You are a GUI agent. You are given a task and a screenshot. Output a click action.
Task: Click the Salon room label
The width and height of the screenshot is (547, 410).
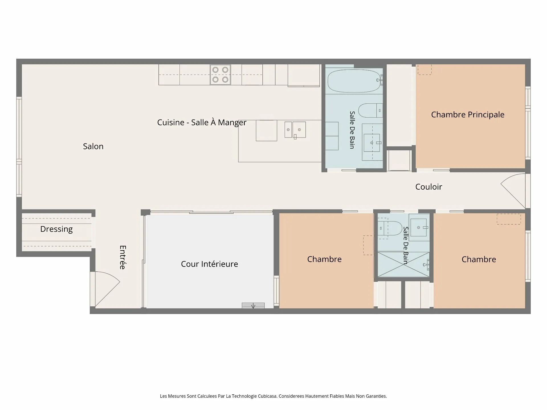point(93,146)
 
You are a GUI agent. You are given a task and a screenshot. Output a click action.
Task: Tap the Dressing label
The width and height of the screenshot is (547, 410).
point(56,229)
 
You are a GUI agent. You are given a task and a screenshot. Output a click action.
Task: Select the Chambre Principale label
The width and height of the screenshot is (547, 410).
point(468,114)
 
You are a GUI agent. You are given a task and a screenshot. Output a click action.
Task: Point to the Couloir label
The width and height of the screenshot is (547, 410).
point(428,187)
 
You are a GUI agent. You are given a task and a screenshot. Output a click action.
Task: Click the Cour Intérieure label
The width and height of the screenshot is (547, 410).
point(209,264)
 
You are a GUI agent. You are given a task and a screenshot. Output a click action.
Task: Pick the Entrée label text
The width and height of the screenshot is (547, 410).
point(123,257)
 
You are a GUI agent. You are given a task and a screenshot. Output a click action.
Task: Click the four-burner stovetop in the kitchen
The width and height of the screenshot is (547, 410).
point(220,75)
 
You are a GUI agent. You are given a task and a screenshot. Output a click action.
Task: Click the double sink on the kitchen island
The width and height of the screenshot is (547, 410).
point(295,130)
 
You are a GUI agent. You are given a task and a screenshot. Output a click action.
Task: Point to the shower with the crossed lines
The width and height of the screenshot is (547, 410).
point(403,264)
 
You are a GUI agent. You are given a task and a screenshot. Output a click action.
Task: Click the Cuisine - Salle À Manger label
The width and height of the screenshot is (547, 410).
point(202,122)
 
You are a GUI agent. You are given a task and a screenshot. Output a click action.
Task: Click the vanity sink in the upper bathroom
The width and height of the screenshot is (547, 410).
point(372,142)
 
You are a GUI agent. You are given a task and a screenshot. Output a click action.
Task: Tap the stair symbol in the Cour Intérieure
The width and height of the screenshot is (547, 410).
point(253,305)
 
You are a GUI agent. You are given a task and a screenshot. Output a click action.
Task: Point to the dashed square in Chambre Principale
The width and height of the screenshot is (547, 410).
point(424,69)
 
